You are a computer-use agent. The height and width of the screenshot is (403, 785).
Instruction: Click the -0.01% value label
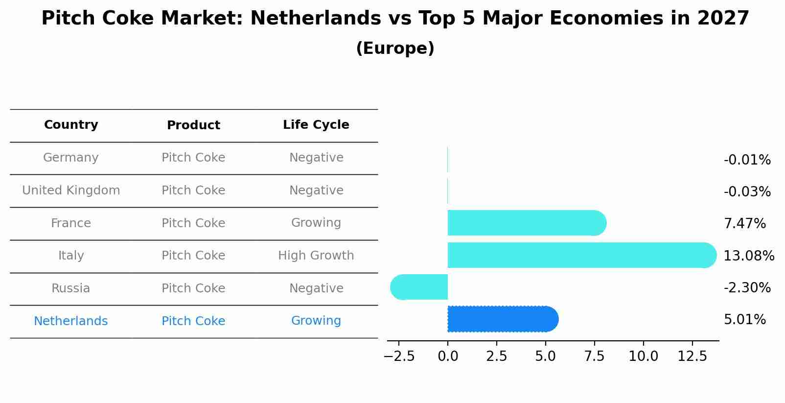point(747,160)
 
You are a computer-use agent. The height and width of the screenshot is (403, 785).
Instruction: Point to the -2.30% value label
point(747,287)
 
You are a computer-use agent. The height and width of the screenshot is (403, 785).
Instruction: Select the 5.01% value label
point(744,320)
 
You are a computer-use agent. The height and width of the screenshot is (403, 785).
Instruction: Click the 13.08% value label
point(749,256)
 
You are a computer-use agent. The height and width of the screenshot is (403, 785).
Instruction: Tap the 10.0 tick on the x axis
point(643,356)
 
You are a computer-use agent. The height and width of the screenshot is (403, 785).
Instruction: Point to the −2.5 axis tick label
point(399,356)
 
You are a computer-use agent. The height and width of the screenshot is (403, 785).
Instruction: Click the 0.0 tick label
point(447,356)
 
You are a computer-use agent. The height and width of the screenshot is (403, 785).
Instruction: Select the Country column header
point(71,125)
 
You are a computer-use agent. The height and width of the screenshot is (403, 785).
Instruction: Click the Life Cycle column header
point(316,125)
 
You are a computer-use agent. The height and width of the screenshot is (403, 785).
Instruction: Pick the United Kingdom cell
point(71,190)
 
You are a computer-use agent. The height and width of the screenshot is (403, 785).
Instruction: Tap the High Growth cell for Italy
point(316,256)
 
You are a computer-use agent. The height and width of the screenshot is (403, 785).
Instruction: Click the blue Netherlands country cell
point(71,321)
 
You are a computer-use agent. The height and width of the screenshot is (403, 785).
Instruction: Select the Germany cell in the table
point(71,158)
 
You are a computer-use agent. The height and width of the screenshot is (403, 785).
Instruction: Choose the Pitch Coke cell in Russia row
point(193,288)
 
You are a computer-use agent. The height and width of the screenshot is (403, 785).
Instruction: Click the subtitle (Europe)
point(395,48)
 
